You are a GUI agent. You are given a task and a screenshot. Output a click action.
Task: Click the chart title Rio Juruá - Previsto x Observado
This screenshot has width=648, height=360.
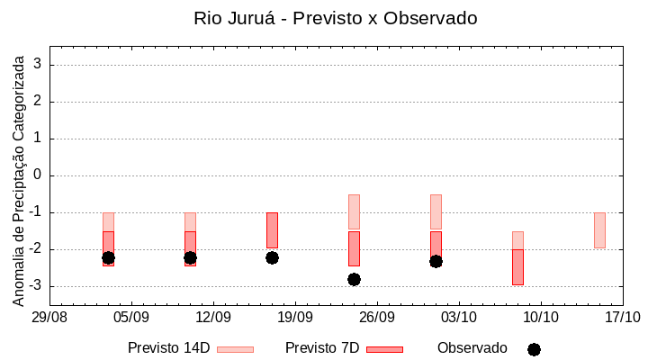335,18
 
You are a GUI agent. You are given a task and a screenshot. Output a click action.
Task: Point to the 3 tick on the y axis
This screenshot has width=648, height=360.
39,65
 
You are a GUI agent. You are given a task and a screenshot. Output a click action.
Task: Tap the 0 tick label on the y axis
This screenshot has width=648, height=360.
39,175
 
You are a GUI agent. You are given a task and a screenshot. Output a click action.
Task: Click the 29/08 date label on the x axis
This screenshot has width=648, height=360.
49,318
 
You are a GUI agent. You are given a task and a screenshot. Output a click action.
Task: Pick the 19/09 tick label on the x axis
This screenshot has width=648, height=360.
294,318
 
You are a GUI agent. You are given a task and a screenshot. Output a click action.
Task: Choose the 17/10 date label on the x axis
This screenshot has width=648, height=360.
622,318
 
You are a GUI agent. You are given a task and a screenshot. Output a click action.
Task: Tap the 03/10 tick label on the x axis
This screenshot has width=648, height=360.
458,318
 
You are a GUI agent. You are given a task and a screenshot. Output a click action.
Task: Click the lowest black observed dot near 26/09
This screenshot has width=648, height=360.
354,279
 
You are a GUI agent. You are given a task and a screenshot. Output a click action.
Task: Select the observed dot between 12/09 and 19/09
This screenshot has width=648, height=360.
272,257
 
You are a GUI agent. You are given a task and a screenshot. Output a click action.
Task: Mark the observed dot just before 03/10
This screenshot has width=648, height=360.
436,261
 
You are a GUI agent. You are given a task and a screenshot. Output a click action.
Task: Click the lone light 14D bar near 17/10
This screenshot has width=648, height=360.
599,229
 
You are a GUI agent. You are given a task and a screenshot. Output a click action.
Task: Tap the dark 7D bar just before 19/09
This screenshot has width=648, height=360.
272,229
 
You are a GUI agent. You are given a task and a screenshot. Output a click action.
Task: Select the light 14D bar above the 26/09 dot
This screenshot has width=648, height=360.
354,212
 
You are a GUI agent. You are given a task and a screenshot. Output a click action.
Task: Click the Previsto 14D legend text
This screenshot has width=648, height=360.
169,348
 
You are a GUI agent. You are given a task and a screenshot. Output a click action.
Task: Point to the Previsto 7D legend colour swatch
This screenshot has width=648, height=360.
384,348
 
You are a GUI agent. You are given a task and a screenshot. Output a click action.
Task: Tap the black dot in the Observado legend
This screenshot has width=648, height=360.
534,349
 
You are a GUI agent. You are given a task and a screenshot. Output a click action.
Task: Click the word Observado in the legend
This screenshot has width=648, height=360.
472,348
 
